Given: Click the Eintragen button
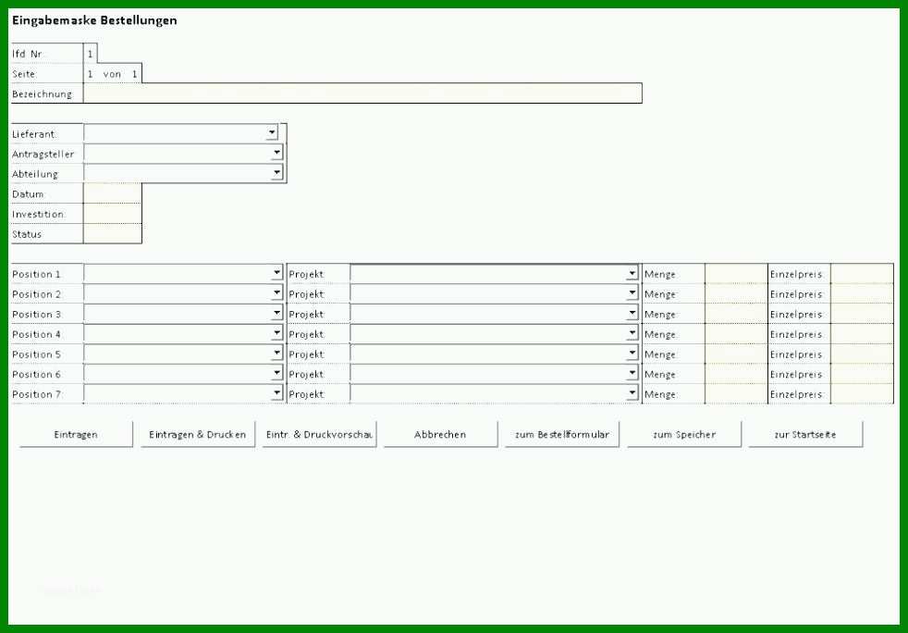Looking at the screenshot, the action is tap(76, 434).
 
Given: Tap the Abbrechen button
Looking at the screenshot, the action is tap(440, 434).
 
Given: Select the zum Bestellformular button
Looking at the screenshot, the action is tap(561, 434).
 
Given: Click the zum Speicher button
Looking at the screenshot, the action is tap(684, 434).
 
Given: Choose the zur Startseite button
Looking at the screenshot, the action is tap(805, 434).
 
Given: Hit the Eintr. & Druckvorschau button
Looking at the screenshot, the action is tap(319, 434).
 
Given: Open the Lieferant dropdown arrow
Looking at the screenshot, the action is tap(272, 132).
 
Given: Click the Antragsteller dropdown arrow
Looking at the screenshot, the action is tap(276, 153).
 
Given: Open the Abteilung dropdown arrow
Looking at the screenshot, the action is tap(276, 172).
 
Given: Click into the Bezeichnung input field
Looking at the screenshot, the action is tap(362, 93).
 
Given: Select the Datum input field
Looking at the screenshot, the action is tap(112, 193).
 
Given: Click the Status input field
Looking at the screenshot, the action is tap(112, 233).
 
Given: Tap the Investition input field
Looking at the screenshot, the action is tap(112, 214).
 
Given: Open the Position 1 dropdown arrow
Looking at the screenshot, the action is tap(276, 273).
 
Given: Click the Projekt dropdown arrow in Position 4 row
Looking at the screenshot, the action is tap(632, 333).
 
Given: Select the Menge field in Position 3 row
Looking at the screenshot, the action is tap(736, 314).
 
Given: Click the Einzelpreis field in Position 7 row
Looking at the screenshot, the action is tap(863, 393).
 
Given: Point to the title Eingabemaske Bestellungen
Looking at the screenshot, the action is tap(94, 20).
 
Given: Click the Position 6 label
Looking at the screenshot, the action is tap(36, 374).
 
